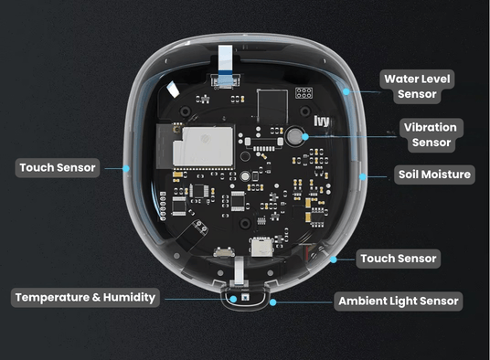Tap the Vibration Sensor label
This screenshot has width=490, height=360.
(429, 133)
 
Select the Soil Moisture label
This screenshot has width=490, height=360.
(434, 174)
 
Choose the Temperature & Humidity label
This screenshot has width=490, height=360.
(86, 297)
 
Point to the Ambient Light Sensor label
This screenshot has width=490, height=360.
(398, 301)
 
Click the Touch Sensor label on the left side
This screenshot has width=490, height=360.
(57, 168)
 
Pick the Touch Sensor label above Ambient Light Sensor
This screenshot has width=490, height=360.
(399, 259)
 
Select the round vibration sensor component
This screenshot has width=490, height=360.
(295, 137)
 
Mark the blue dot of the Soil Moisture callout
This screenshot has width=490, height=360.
(363, 175)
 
